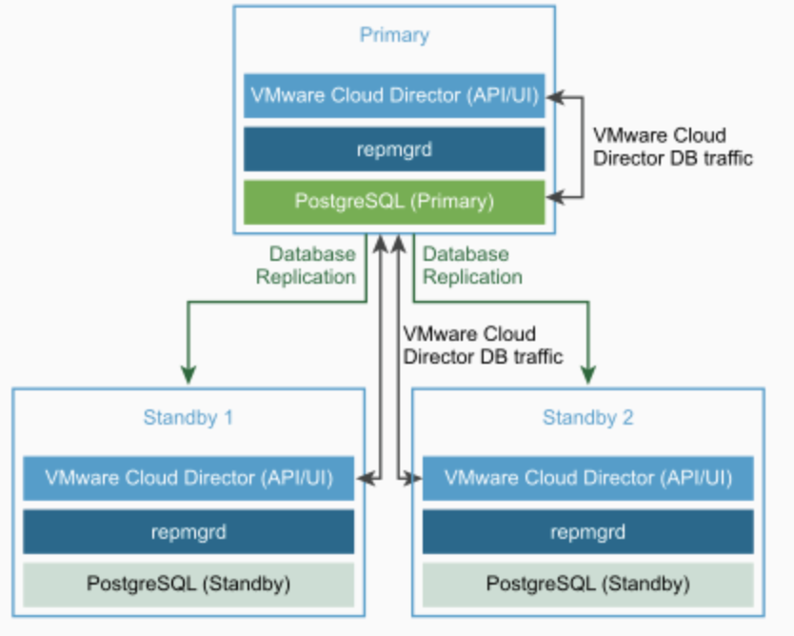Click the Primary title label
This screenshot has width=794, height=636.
[x=394, y=36]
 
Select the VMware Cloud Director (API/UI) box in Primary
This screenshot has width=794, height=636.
[x=394, y=96]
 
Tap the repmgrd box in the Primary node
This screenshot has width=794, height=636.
[x=394, y=149]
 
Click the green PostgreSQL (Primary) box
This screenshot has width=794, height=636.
[x=394, y=202]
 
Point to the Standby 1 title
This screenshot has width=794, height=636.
[x=189, y=417]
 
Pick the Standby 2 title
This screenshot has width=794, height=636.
[x=587, y=417]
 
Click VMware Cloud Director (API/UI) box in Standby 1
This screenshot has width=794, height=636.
[x=189, y=478]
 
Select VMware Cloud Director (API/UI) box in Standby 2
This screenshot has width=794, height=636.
[x=587, y=478]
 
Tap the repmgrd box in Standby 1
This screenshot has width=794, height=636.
[x=189, y=531]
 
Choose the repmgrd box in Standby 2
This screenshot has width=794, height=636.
[x=587, y=531]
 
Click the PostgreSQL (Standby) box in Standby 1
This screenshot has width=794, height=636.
[x=189, y=583]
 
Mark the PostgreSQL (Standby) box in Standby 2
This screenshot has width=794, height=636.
[x=587, y=583]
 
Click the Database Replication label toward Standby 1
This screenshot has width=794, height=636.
[x=312, y=266]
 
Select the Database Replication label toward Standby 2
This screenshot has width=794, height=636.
[x=472, y=266]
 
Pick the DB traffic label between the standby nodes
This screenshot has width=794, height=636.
[x=482, y=346]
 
